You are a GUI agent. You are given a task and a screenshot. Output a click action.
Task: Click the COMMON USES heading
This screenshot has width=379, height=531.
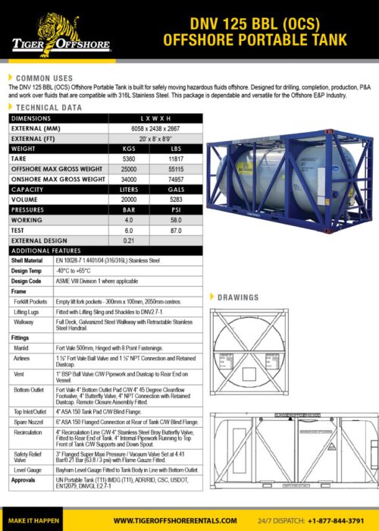(45, 78)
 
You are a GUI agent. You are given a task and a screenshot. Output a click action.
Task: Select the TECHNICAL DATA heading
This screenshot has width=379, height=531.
(49, 108)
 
